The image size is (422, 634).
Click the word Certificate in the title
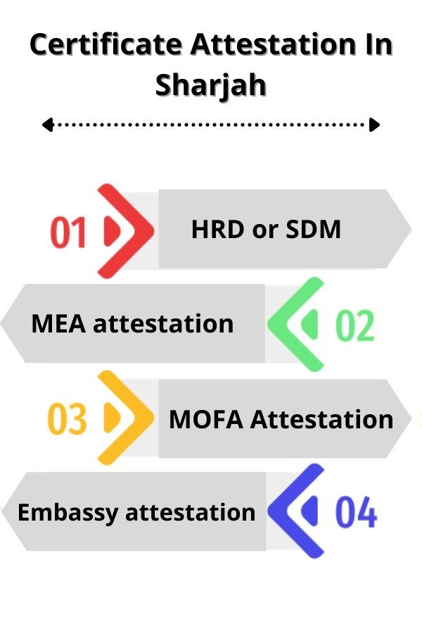(105, 44)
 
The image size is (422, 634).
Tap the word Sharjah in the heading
(211, 86)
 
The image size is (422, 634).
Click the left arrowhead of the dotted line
(48, 125)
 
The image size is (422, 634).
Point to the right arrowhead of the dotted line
(375, 125)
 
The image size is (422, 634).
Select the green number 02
(355, 325)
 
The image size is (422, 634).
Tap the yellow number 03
(67, 419)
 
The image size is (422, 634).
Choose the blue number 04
(356, 512)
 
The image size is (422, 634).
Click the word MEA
(58, 324)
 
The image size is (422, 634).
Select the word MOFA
(206, 419)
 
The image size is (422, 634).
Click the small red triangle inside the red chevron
(113, 231)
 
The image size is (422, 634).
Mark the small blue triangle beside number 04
(309, 511)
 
